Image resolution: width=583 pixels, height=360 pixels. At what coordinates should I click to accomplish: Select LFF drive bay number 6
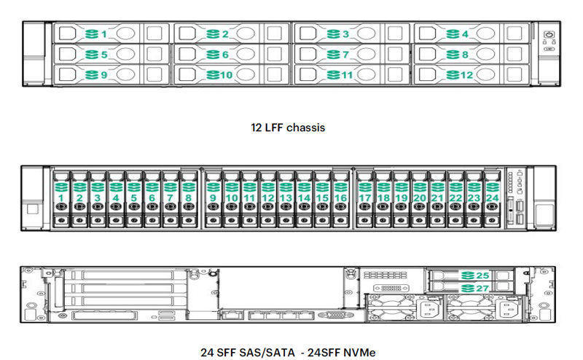coord(232,55)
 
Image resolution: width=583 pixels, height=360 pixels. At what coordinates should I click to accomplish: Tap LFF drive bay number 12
coord(472,75)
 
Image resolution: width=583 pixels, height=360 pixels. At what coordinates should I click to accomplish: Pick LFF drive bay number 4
coord(472,34)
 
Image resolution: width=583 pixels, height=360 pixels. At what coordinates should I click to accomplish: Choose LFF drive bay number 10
coord(232,75)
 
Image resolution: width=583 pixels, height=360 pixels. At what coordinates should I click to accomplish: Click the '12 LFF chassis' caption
coord(286,128)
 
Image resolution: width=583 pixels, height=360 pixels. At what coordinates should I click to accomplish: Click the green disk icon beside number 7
coord(332,55)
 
